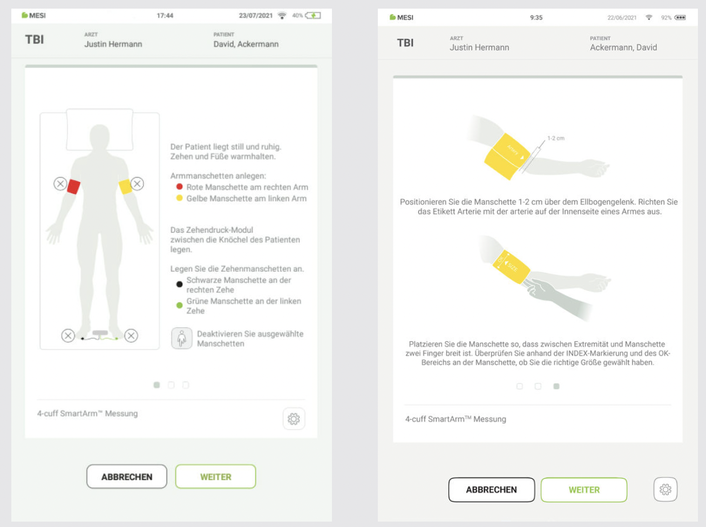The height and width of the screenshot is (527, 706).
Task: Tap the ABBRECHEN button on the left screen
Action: [127, 476]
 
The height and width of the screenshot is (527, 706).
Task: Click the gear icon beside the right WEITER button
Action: [665, 489]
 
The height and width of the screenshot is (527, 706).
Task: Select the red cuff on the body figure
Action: [73, 187]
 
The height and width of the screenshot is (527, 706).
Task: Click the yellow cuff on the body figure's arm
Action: [125, 187]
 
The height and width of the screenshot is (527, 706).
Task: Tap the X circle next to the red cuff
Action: [60, 184]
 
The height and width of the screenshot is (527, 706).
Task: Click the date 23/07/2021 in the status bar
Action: [255, 16]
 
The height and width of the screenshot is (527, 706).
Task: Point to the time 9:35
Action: [536, 18]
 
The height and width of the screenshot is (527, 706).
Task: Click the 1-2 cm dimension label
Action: [556, 138]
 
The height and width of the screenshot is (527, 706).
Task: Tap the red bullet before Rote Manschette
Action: [180, 187]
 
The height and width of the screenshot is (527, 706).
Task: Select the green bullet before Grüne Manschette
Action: [180, 305]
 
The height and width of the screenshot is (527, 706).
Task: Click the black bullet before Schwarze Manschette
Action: [180, 284]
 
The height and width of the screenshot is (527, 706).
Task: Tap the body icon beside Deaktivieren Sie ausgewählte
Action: [182, 338]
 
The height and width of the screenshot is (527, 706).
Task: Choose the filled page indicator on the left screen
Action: [157, 385]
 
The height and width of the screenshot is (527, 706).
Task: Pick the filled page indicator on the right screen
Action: [556, 386]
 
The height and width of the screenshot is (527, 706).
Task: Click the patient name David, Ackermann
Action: [246, 44]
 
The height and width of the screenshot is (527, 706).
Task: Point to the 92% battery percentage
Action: [666, 18]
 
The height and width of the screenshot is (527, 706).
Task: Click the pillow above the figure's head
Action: [100, 130]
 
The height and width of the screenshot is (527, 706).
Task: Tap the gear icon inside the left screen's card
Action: [294, 418]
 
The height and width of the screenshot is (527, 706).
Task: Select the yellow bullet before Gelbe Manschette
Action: [180, 198]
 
